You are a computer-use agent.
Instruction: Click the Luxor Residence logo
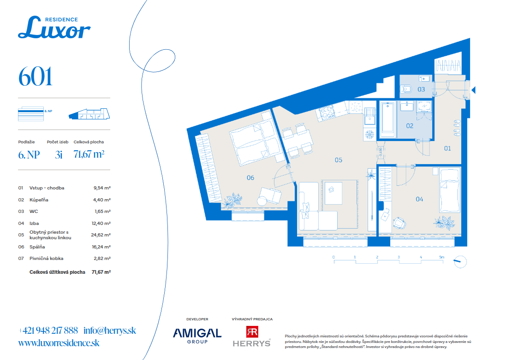[54, 27]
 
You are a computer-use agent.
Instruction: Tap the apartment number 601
[35, 77]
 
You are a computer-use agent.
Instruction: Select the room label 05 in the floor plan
[339, 160]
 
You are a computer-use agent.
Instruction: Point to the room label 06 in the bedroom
[250, 177]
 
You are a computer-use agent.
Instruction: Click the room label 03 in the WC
[421, 89]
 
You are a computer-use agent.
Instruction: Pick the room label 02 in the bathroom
[410, 126]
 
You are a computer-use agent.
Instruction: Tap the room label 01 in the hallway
[447, 148]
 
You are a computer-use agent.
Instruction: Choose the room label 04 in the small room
[419, 199]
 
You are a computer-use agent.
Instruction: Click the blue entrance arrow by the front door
[473, 90]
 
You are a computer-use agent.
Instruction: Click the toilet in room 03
[406, 89]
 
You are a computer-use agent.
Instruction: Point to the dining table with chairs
[297, 140]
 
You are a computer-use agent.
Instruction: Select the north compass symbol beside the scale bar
[460, 261]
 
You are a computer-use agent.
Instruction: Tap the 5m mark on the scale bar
[442, 257]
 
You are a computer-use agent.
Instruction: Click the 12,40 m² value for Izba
[101, 223]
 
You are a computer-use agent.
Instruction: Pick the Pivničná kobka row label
[47, 258]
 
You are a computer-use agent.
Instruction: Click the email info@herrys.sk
[110, 330]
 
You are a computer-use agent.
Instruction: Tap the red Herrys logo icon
[252, 332]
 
